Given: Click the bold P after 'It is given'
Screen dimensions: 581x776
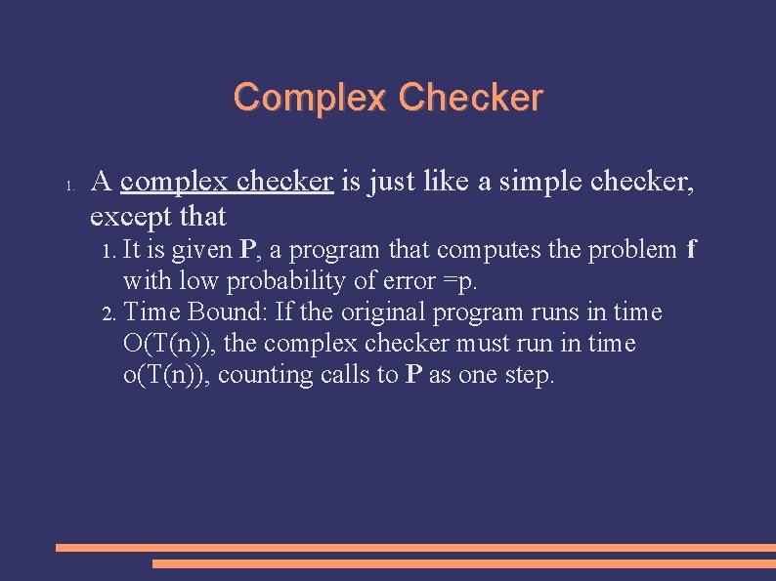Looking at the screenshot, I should (x=248, y=250).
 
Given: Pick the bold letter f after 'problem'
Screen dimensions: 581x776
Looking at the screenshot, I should (x=691, y=250).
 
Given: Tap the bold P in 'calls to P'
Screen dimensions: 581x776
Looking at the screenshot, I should (x=412, y=375).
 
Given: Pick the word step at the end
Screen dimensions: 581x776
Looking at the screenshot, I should (x=528, y=375).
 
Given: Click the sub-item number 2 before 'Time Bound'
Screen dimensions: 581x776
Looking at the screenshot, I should (x=108, y=313).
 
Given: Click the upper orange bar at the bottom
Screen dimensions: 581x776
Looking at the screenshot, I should (x=415, y=548).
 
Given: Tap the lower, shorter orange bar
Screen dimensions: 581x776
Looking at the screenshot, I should (x=463, y=563).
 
